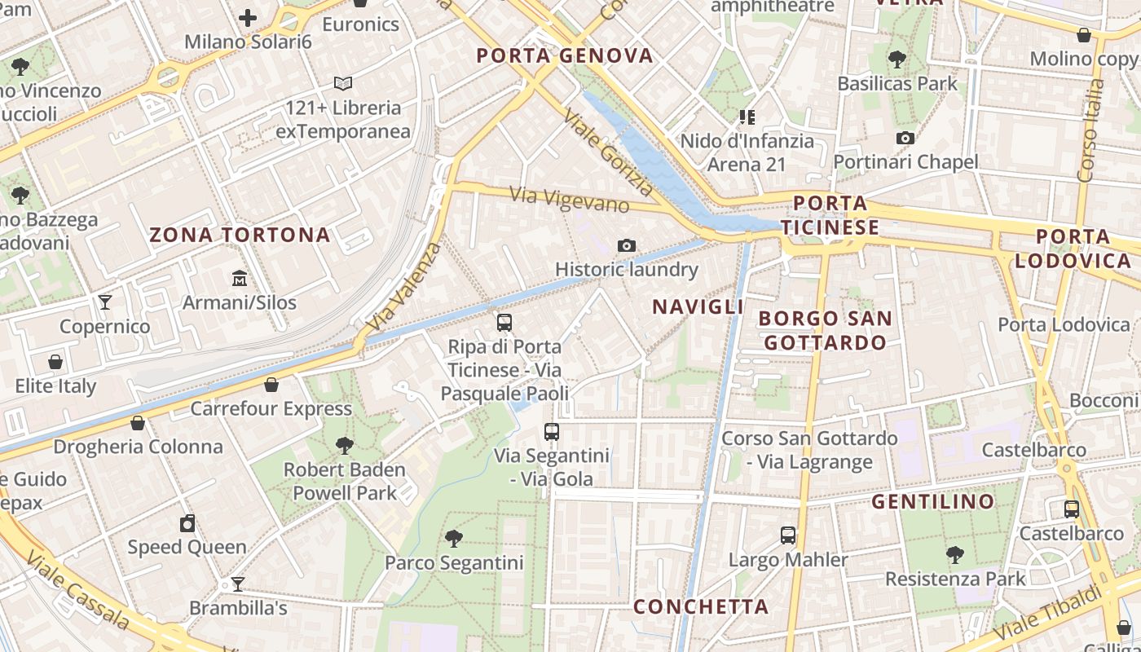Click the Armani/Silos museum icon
point(240,279)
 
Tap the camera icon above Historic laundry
point(626,245)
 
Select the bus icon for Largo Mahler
point(787,535)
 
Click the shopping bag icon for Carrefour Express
point(271,385)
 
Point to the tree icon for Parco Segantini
point(454,538)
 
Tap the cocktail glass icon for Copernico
point(105,302)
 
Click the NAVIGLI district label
point(698,306)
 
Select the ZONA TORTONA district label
point(240,236)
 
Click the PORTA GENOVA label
point(565,55)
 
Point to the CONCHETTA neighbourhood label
point(701,606)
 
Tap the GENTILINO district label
point(933,501)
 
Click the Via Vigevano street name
point(570,200)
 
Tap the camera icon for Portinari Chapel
point(905,138)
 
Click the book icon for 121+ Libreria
point(343,83)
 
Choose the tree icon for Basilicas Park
point(896,59)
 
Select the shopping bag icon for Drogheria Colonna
point(138,423)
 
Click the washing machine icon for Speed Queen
point(187,523)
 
